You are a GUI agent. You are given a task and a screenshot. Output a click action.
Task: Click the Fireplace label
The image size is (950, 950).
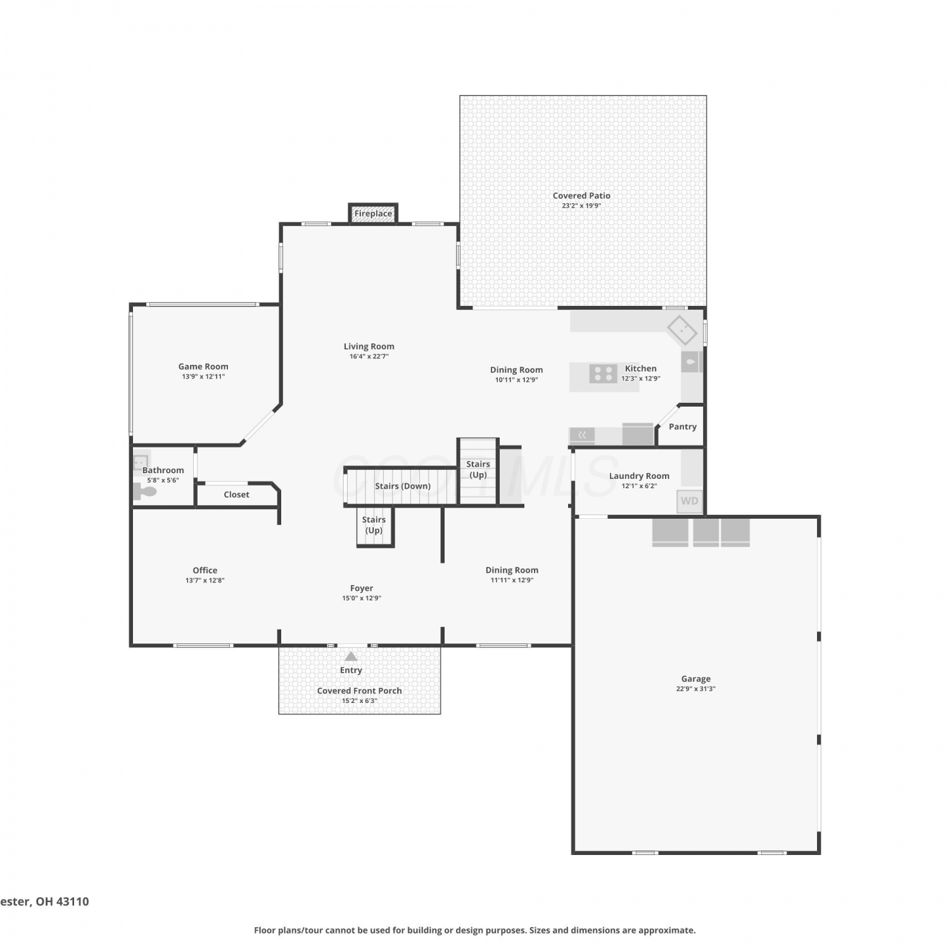point(373,213)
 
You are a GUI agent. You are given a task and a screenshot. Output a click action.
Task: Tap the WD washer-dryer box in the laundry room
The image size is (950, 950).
point(689,501)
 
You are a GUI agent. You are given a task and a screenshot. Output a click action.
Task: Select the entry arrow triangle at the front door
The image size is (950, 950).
point(351,656)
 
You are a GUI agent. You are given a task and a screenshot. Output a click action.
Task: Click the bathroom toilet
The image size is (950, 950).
point(144,491)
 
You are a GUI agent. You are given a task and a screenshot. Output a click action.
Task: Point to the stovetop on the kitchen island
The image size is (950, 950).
point(603,374)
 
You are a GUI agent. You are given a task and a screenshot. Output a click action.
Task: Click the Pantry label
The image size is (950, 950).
point(683,427)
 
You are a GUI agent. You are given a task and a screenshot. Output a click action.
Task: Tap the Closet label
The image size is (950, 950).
point(236,495)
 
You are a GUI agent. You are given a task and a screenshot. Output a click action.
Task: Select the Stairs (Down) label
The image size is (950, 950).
point(403,486)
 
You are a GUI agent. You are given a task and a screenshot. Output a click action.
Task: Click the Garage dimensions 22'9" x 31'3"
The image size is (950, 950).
point(695,689)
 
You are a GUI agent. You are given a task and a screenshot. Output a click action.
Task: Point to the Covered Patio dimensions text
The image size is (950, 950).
point(581,206)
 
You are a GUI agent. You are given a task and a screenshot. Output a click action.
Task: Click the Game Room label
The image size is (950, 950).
point(203,366)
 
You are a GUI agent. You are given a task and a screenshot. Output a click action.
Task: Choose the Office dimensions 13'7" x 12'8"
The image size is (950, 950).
point(205,580)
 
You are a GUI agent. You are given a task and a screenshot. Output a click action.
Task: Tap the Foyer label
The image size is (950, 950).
point(362,588)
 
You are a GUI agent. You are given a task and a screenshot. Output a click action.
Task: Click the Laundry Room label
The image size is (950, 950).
point(639,476)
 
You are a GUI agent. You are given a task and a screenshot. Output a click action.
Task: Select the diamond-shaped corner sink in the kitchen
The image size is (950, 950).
point(682,331)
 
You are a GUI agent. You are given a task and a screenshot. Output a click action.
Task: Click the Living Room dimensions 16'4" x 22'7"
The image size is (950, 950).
point(369,357)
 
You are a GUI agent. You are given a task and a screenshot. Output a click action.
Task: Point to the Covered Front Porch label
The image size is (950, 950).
point(359,690)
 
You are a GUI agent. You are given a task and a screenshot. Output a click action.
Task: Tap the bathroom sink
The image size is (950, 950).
point(141,463)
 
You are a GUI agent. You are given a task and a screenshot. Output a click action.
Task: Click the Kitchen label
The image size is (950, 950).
point(641,368)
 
